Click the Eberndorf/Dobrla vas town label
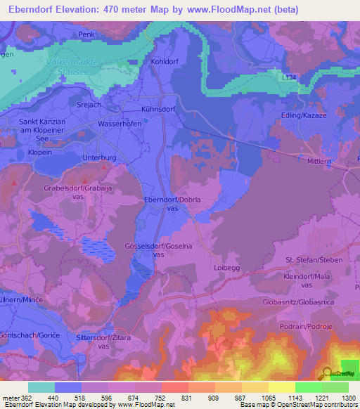(x=169, y=204)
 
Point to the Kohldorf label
(x=166, y=62)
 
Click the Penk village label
(x=86, y=34)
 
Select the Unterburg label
(x=98, y=158)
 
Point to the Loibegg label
(x=226, y=268)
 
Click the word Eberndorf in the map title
(x=32, y=10)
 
